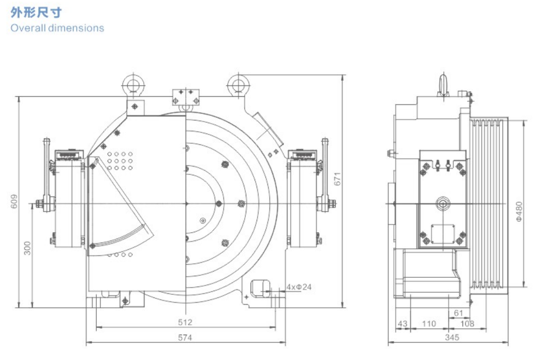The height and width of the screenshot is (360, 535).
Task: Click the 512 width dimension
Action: pyautogui.click(x=185, y=322)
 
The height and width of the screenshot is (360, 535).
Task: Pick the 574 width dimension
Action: pyautogui.click(x=185, y=337)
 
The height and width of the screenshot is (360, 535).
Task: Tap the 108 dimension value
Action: pyautogui.click(x=468, y=323)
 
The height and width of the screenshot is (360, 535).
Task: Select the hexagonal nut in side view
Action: pyautogui.click(x=443, y=202)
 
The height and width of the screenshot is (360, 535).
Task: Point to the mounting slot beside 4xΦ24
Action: pyautogui.click(x=260, y=288)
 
